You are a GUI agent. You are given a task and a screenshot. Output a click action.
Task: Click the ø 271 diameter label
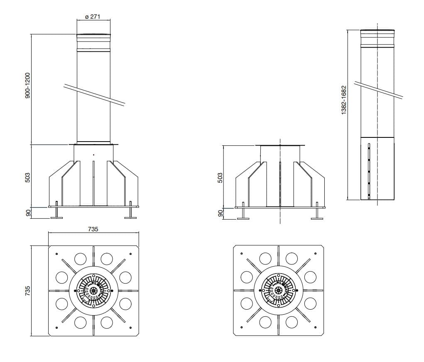[93, 17]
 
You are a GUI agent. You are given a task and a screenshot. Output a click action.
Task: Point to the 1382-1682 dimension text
[343, 100]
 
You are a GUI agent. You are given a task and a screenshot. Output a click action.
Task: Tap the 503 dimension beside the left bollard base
[27, 177]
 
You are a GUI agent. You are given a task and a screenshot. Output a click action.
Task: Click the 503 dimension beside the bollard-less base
[221, 178]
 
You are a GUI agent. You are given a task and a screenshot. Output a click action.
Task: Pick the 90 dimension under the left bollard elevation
[28, 213]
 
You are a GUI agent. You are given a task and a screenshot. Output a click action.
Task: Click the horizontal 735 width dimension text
[93, 229]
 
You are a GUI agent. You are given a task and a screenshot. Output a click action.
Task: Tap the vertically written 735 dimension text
[27, 291]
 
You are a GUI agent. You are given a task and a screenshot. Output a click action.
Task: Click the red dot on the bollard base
[94, 155]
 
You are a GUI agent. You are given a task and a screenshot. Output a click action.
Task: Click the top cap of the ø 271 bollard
[93, 35]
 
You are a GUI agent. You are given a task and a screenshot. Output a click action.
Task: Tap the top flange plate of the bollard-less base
[280, 146]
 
